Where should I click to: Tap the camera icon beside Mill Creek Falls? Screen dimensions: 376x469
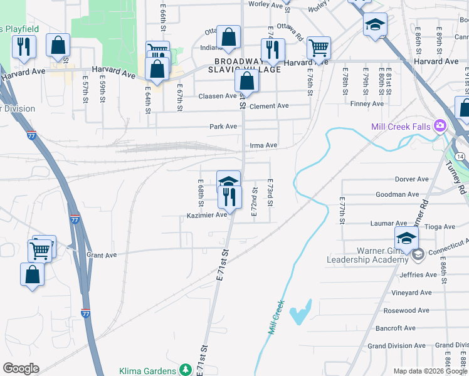pos(439,126)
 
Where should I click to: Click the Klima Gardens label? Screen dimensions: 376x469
pos(148,370)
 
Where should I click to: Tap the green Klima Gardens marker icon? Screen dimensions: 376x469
pos(185,370)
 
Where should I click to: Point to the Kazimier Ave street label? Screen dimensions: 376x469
pos(206,215)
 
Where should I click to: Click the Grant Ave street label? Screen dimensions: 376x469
pos(102,255)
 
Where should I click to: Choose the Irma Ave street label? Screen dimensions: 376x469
pos(263,145)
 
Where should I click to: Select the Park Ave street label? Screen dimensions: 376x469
pos(223,127)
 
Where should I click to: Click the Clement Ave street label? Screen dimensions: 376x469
pos(269,106)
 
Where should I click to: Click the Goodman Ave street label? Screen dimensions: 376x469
pos(397,195)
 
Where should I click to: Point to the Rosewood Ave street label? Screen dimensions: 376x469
pos(408,310)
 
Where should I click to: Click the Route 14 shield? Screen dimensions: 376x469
pos(460,155)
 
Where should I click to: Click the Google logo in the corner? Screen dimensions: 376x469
pos(21,368)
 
